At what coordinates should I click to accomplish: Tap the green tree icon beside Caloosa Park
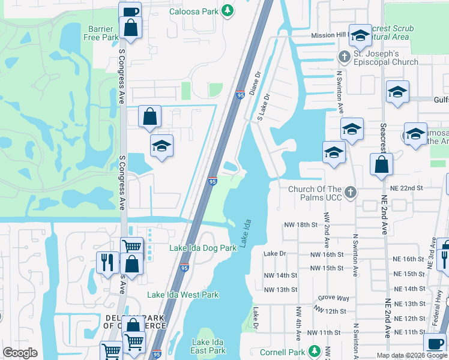[x=227, y=10]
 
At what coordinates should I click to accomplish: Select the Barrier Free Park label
[x=103, y=33]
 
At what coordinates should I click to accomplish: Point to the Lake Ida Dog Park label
[x=203, y=248]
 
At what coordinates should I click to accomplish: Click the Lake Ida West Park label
[x=183, y=295]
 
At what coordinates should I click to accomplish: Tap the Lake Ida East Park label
[x=208, y=346]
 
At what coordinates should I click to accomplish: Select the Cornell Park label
[x=283, y=352]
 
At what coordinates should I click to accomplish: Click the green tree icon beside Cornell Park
[x=314, y=351]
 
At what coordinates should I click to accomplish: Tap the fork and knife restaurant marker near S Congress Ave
[x=106, y=262]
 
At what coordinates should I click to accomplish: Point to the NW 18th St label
[x=300, y=224]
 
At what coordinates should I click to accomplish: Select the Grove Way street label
[x=334, y=298]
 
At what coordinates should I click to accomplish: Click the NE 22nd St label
[x=406, y=188]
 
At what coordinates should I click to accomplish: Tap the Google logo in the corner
[x=20, y=353]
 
